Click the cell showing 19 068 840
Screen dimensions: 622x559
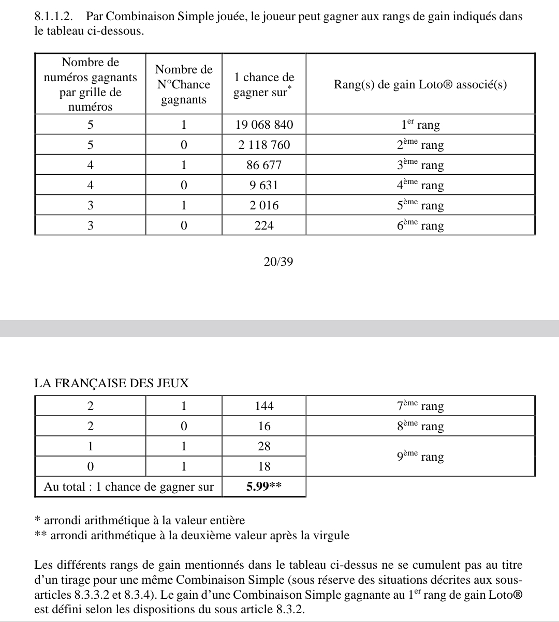[x=264, y=125]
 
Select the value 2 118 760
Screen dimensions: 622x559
[x=264, y=145]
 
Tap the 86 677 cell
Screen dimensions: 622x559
[x=264, y=165]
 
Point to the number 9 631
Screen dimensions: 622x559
[x=264, y=185]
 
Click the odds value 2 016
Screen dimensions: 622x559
[x=264, y=205]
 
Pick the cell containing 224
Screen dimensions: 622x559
[x=264, y=225]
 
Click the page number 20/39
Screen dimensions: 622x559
[x=278, y=262]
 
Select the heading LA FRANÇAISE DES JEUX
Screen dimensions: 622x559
[x=111, y=384]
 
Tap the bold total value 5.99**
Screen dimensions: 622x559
[x=264, y=487]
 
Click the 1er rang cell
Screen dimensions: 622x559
[x=420, y=125]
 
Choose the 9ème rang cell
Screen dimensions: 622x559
[x=420, y=457]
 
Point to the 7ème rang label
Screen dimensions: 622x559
[x=420, y=406]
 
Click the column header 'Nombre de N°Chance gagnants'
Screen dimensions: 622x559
[x=184, y=84]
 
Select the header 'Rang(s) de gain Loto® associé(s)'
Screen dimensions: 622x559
[x=420, y=84]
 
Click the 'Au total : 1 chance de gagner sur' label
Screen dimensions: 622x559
[x=129, y=487]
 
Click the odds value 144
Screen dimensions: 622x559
[x=264, y=406]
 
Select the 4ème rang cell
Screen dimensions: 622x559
[x=420, y=185]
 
